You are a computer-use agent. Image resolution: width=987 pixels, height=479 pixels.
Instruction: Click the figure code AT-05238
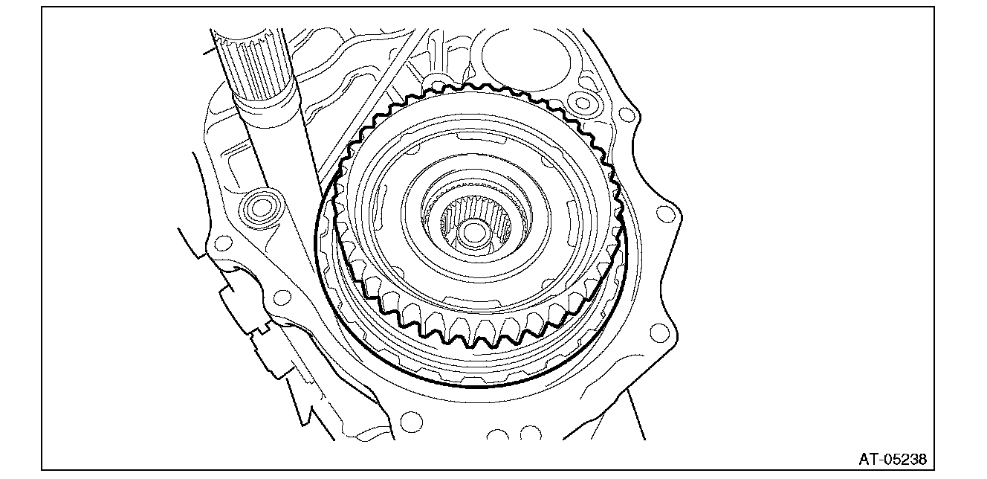893,459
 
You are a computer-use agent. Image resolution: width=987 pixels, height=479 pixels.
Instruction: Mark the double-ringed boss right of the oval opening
583,103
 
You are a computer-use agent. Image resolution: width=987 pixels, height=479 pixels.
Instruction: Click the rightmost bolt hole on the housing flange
665,215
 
